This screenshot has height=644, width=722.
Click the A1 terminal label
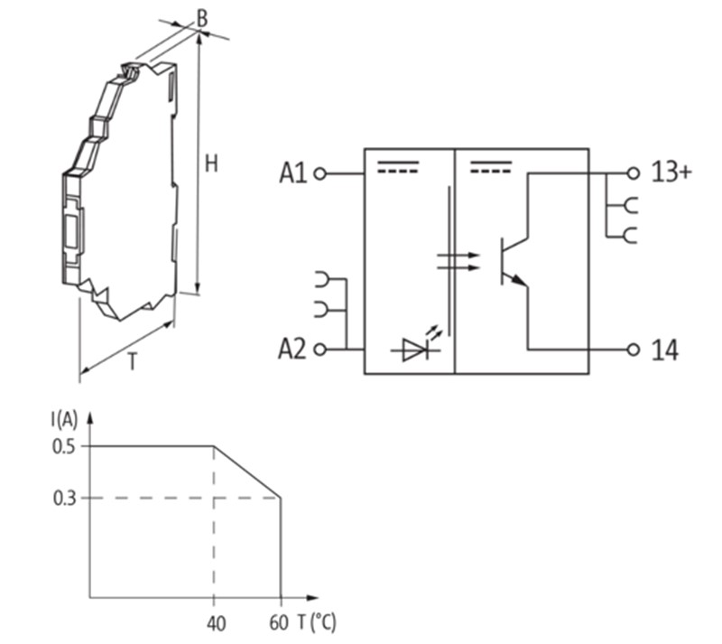293,173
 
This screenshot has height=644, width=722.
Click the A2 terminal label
293,350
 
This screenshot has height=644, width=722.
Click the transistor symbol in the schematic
511,262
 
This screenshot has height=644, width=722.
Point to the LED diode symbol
415,350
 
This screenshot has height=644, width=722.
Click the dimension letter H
211,163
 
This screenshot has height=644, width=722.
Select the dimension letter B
202,16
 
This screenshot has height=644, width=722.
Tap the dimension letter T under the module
132,362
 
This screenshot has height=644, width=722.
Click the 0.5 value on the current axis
65,445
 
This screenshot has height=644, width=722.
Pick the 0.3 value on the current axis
65,498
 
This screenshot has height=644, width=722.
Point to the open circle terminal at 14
634,350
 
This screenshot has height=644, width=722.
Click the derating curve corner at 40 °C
214,445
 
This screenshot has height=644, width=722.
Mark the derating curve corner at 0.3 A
281,498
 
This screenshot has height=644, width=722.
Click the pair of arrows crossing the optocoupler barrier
456,262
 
